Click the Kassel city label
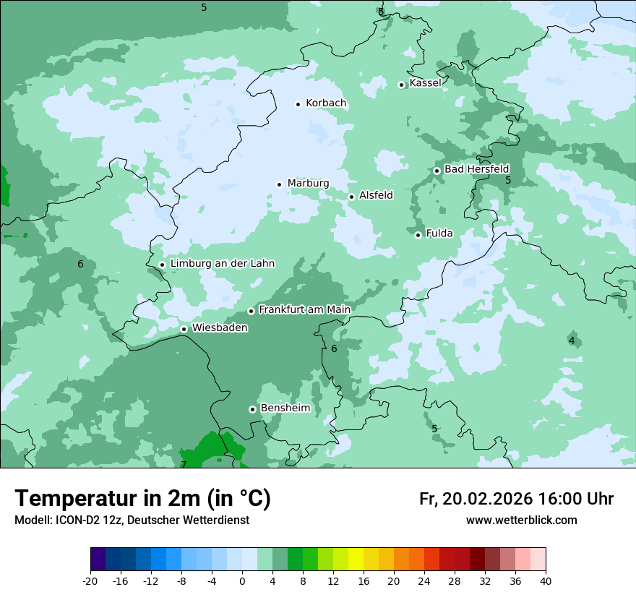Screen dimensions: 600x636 coord(425,83)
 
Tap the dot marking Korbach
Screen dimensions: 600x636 coord(298,104)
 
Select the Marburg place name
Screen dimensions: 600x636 coord(308,184)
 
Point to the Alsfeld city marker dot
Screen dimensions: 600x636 coord(351,197)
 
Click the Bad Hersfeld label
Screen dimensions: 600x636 coord(476,169)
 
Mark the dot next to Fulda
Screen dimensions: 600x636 coord(418,235)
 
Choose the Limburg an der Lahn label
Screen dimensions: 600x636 coord(222,264)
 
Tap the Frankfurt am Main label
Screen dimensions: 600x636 coord(304,310)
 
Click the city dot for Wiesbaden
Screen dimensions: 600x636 coord(184,330)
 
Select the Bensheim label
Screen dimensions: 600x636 coord(285,408)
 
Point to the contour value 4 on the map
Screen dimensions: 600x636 coord(572,340)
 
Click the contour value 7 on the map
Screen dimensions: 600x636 coord(184,464)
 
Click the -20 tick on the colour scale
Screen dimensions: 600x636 coord(90,581)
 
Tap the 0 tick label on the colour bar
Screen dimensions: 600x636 coord(242,581)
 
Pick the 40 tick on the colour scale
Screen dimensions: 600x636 coord(546,581)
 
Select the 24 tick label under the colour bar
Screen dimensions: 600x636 coord(424,581)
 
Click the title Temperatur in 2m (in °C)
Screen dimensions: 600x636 coord(142,499)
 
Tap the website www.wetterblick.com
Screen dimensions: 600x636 coord(521,520)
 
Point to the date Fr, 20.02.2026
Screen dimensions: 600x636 coord(476,499)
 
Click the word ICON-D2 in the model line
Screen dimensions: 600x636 coord(73,520)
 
